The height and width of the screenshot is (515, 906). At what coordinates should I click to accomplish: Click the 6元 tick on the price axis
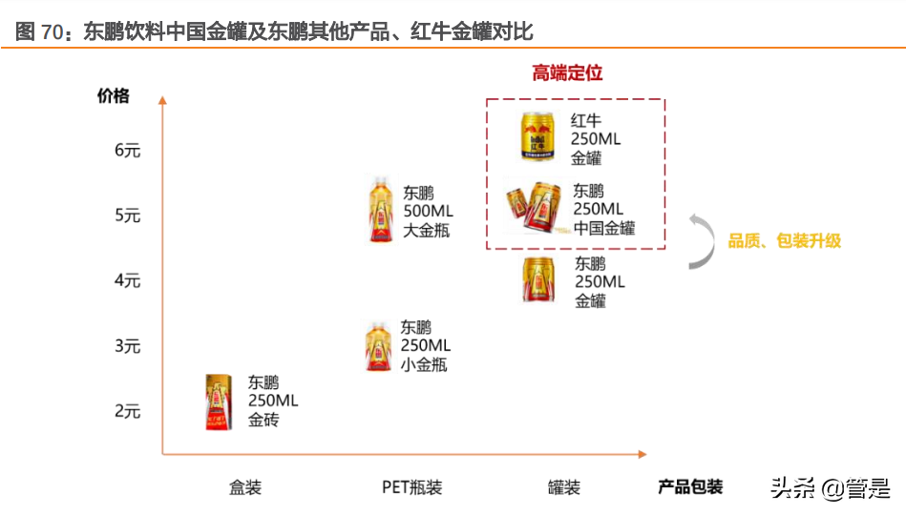[x=127, y=151]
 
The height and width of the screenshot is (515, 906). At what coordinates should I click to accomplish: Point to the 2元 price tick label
[x=127, y=411]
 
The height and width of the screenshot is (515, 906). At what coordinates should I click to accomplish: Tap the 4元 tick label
[x=127, y=280]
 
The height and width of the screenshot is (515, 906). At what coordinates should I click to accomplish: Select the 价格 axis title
[x=113, y=95]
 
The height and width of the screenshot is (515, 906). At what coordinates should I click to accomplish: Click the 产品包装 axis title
[x=690, y=486]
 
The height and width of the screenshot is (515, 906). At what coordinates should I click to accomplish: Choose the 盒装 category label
[x=245, y=487]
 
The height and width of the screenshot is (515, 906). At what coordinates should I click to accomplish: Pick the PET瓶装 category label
[x=411, y=487]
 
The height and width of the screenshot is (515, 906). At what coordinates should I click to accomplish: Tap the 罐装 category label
[x=564, y=487]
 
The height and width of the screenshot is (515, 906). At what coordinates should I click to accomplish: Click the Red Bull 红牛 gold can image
[x=537, y=134]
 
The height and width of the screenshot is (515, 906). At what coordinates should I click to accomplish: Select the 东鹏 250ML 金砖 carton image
[x=219, y=402]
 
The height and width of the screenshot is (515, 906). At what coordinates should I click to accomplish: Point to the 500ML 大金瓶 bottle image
[x=380, y=210]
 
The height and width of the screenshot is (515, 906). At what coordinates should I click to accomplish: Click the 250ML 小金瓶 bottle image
[x=379, y=346]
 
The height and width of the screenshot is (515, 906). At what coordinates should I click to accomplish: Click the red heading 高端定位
[x=567, y=73]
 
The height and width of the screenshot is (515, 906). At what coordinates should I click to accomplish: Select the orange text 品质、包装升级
[x=785, y=241]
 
